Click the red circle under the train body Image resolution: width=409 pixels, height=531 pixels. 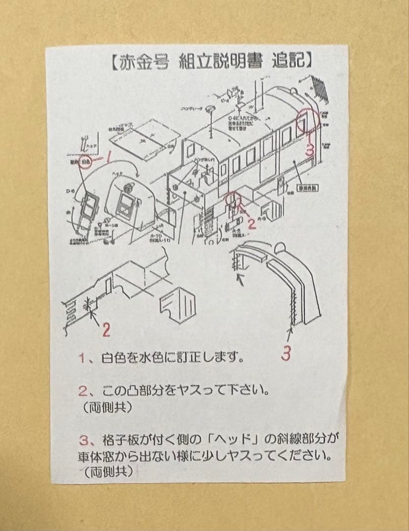click(x=233, y=199)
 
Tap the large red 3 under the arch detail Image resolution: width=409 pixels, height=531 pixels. click(x=286, y=353)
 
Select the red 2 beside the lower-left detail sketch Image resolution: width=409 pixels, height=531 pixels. click(x=106, y=330)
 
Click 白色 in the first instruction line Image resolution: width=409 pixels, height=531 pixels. click(x=111, y=357)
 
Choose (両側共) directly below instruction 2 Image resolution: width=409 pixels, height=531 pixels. click(x=106, y=408)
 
